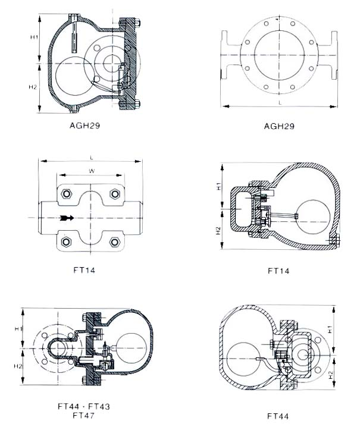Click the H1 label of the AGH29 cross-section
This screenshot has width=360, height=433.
click(x=35, y=37)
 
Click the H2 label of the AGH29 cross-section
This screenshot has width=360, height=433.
click(x=35, y=88)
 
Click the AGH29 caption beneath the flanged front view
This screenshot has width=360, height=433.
click(x=279, y=127)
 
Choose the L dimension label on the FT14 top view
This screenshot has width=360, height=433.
click(x=90, y=157)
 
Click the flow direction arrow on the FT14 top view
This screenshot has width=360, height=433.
click(x=67, y=218)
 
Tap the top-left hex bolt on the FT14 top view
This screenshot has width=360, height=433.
click(x=66, y=194)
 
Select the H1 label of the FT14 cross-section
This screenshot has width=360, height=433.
click(x=218, y=186)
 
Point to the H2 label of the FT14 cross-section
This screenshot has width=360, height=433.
click(x=218, y=230)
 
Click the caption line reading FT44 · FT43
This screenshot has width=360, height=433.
click(x=84, y=406)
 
